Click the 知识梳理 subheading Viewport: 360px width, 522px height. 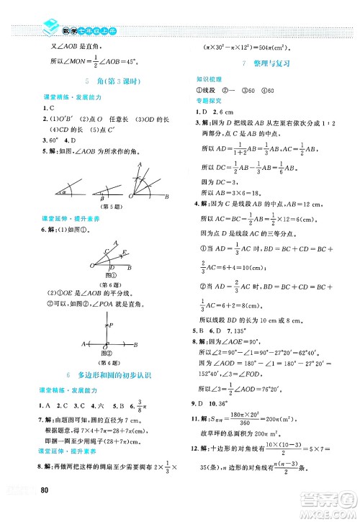[x=209, y=78]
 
